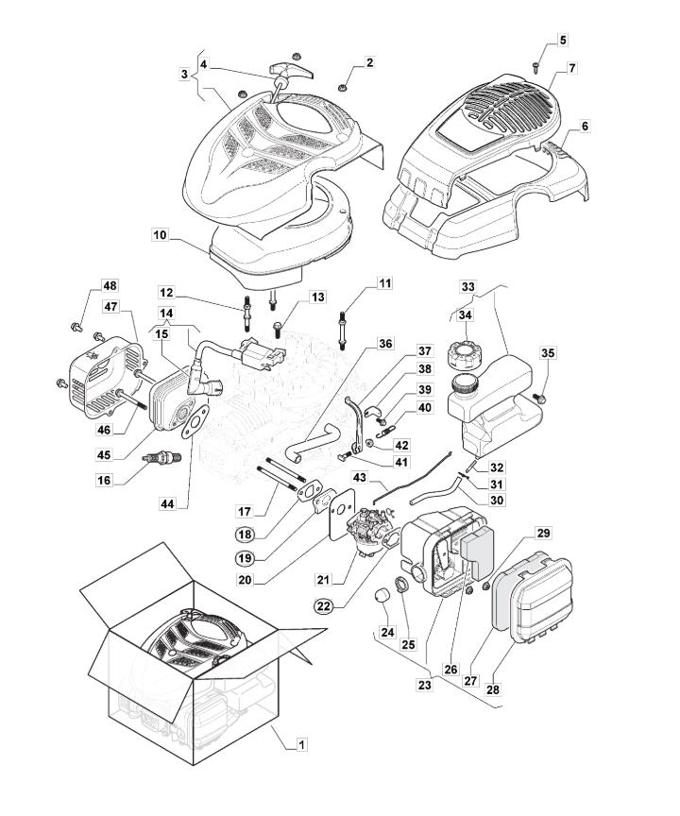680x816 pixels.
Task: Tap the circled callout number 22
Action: [325, 606]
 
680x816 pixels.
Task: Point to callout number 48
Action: [110, 286]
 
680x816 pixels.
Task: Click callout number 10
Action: [160, 233]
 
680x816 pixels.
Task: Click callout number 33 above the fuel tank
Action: [467, 285]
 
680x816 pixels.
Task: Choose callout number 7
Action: [572, 68]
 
